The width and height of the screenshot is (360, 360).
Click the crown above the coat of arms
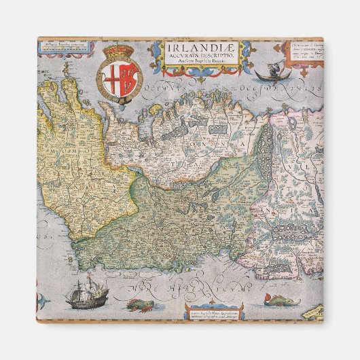(x=120, y=52)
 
